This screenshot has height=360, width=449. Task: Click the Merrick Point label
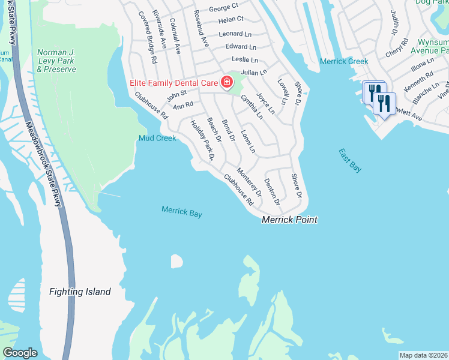[289, 220]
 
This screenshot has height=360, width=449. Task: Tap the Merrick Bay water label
[182, 211]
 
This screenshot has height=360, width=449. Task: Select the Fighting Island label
[80, 292]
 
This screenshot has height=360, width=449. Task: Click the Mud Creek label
[157, 138]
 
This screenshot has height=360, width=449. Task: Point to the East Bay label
[350, 160]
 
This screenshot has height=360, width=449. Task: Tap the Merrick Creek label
[344, 61]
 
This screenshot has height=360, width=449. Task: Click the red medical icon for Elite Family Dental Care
[228, 82]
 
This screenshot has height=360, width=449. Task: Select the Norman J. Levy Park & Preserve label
[56, 61]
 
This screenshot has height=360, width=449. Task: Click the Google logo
[20, 353]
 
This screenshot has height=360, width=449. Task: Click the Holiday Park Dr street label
[202, 141]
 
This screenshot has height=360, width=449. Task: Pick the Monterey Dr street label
[249, 182]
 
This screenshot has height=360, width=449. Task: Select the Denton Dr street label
[271, 193]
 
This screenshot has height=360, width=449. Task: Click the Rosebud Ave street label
[200, 28]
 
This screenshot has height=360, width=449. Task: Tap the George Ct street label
[223, 9]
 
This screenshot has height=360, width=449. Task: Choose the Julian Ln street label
[253, 73]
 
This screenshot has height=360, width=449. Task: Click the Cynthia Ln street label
[252, 106]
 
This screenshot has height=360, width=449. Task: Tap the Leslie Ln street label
[245, 60]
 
